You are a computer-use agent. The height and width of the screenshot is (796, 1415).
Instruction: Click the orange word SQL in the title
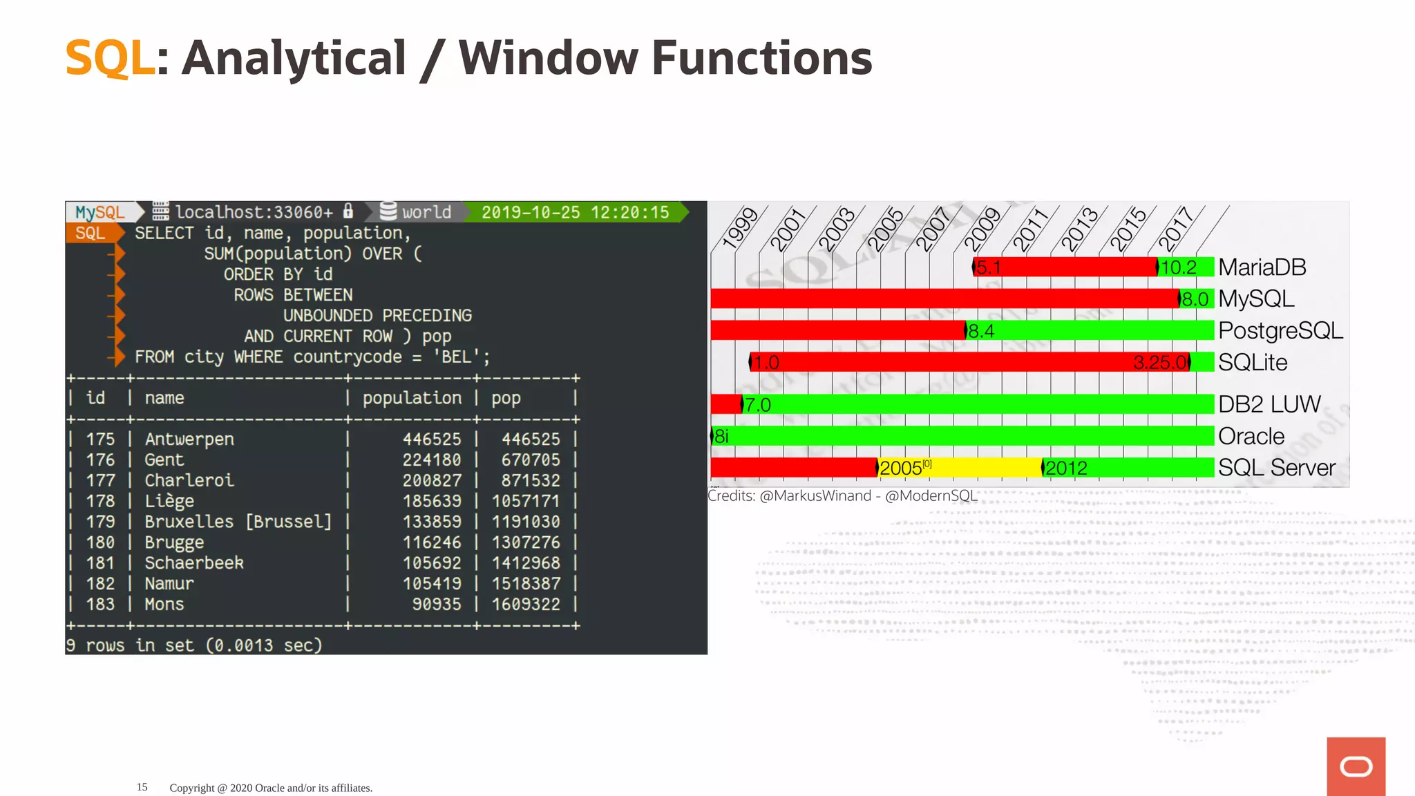tap(109, 58)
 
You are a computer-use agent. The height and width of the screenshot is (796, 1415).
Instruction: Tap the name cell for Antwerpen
tap(189, 439)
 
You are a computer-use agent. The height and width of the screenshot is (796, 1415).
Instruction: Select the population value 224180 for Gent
tap(432, 460)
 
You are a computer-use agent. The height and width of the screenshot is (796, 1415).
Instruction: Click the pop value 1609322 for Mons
tap(526, 605)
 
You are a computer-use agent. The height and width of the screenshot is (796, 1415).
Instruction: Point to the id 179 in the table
tap(100, 522)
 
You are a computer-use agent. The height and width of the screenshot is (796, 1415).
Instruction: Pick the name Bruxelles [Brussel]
tap(238, 522)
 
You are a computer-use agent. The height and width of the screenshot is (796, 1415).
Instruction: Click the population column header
tap(412, 398)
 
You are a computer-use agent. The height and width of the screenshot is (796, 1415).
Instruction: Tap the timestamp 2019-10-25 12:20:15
tap(575, 212)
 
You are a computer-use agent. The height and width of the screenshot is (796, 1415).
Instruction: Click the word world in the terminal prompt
tap(426, 212)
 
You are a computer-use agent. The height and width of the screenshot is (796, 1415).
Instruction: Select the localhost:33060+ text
tap(254, 212)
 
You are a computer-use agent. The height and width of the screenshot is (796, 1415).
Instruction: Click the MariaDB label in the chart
tap(1262, 267)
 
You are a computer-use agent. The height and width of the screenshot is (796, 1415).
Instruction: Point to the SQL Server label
tap(1276, 468)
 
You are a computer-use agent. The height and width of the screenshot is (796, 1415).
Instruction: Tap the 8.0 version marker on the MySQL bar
tap(1195, 299)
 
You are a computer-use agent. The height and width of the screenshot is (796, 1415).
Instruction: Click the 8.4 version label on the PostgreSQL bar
tap(981, 331)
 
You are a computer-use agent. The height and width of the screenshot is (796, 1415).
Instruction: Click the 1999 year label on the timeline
tap(740, 227)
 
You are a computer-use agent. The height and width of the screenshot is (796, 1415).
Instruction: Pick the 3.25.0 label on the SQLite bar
tap(1160, 362)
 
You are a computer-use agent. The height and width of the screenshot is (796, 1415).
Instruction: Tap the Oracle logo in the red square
tap(1356, 767)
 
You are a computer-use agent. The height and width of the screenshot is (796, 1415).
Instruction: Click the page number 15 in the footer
tap(142, 787)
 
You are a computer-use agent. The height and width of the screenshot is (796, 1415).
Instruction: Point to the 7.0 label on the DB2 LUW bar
tap(757, 405)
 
